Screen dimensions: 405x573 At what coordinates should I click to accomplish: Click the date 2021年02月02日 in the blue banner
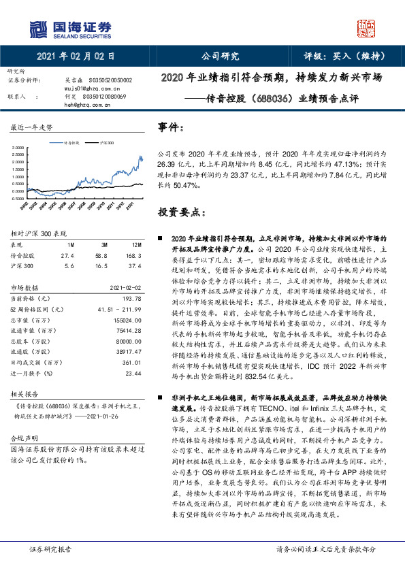(x=76, y=57)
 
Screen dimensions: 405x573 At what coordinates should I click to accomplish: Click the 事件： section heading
(x=171, y=127)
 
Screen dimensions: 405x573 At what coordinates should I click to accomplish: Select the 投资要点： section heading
(x=181, y=212)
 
